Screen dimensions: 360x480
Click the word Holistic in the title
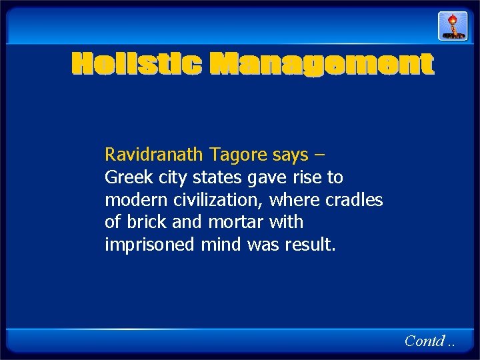point(136,65)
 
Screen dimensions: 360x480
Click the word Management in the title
point(321,65)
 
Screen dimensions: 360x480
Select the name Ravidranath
point(153,155)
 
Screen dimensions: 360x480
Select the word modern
point(132,200)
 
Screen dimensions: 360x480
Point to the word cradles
point(355,200)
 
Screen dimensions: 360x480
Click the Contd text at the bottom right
point(425,341)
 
